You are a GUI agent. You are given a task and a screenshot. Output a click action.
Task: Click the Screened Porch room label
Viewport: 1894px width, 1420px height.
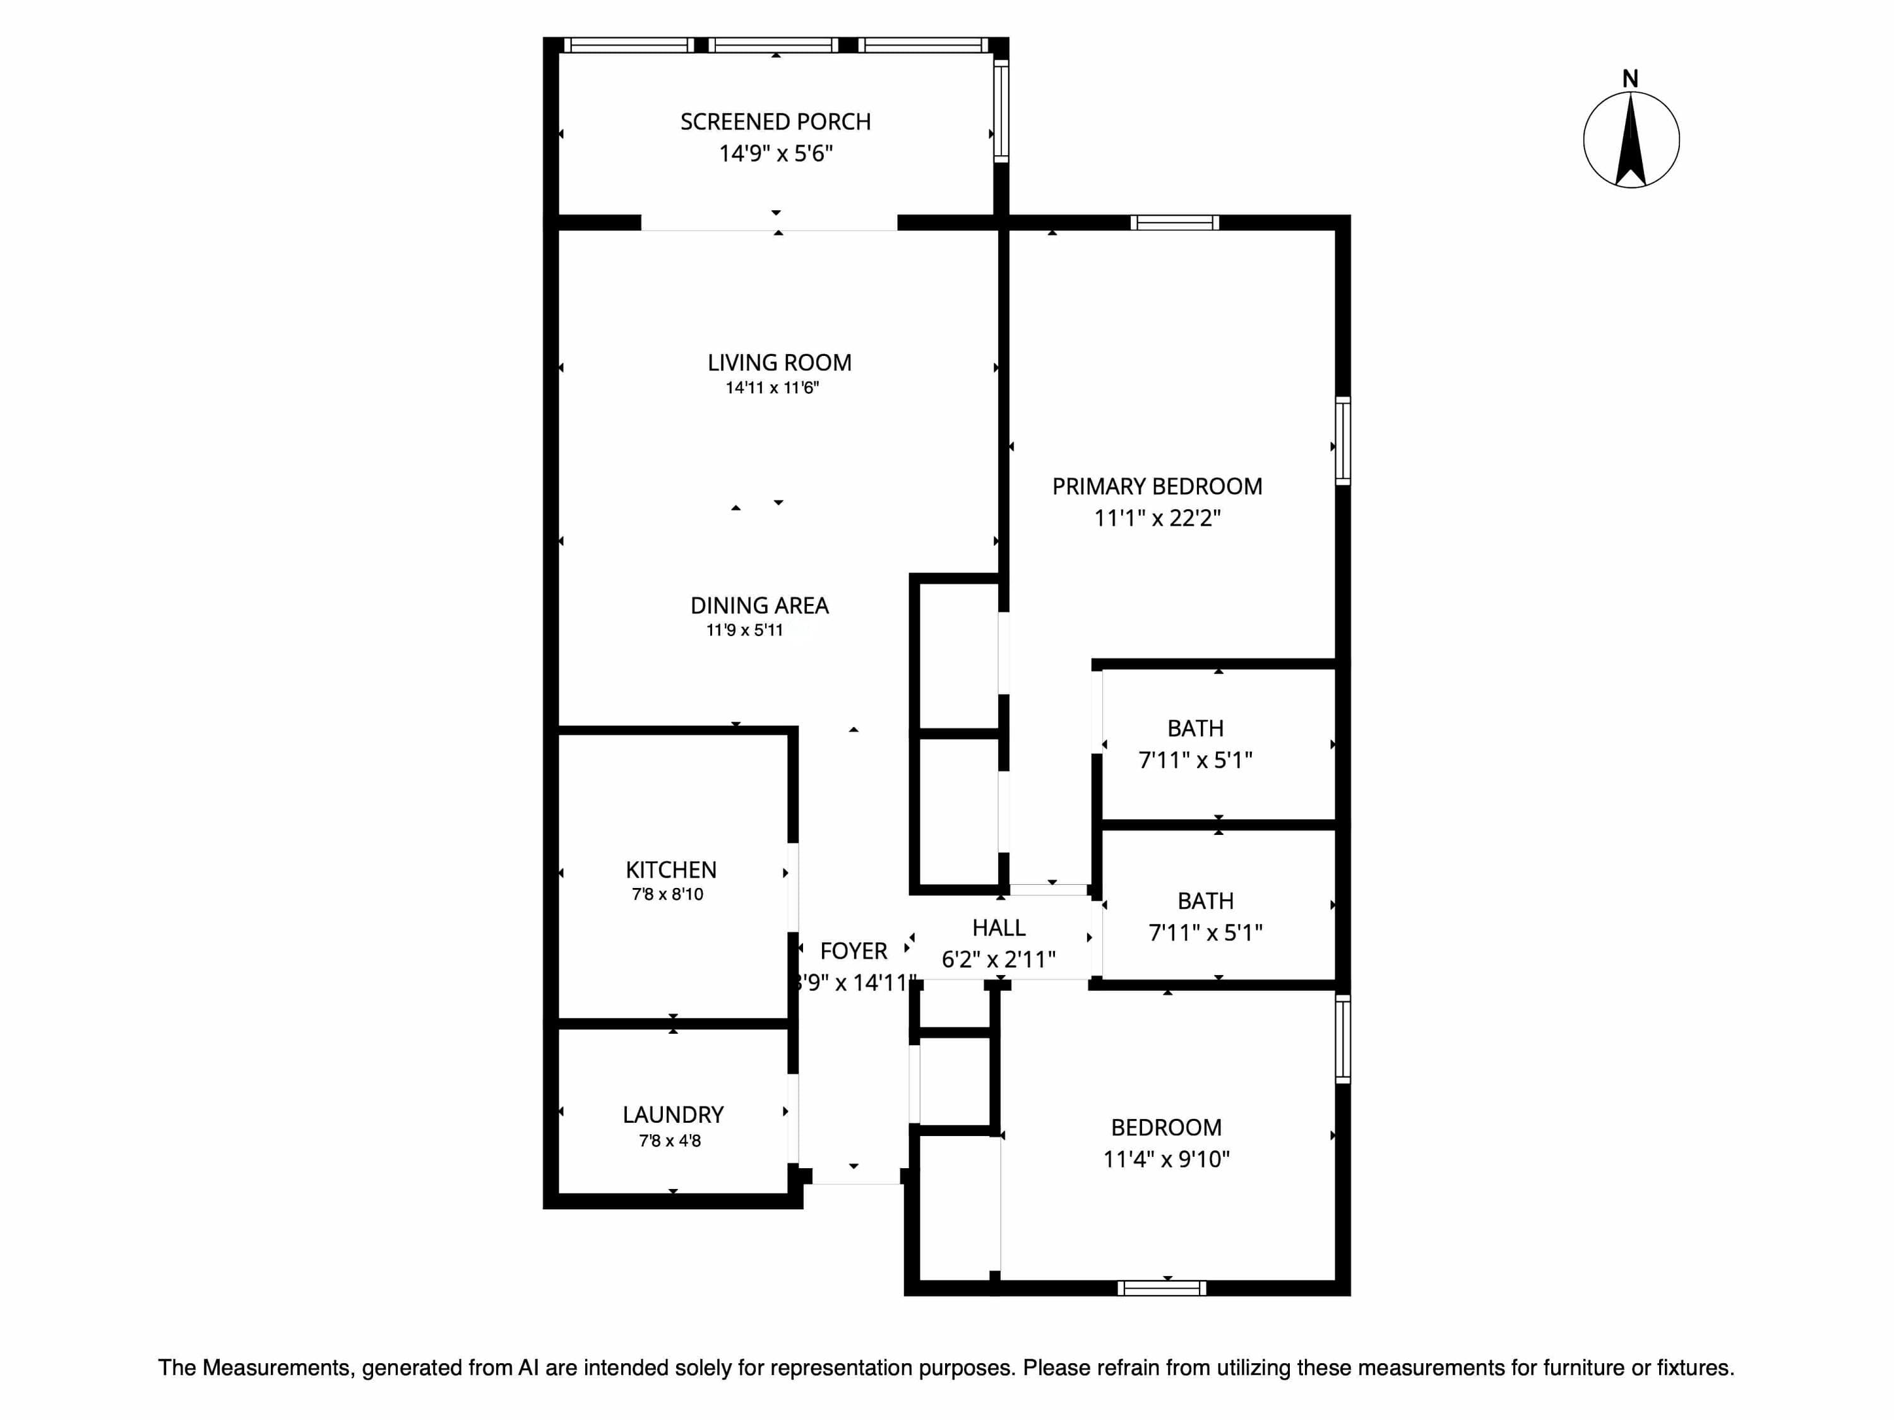pyautogui.click(x=776, y=122)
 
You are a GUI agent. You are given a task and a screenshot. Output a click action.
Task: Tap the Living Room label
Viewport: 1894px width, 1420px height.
pyautogui.click(x=779, y=363)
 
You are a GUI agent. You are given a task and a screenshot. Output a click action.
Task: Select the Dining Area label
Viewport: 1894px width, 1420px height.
pyautogui.click(x=759, y=606)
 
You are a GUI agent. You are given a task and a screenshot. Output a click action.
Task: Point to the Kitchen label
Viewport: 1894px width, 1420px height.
pyautogui.click(x=671, y=870)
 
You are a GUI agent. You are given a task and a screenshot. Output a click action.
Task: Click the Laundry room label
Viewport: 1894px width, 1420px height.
pyautogui.click(x=673, y=1115)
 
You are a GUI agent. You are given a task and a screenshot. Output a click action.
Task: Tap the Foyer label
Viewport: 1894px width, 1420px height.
pyautogui.click(x=854, y=952)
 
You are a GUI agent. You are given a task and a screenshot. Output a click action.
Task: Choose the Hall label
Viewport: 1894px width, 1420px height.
pyautogui.click(x=998, y=928)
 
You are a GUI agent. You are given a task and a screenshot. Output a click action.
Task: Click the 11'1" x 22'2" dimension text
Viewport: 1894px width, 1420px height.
pyautogui.click(x=1157, y=519)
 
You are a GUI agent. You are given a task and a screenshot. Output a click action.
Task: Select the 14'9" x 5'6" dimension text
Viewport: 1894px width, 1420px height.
pyautogui.click(x=776, y=154)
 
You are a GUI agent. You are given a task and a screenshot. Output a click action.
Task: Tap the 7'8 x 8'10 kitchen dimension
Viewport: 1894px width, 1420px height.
pyautogui.click(x=668, y=894)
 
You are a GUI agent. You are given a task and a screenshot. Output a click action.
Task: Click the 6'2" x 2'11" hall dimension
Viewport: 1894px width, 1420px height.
pyautogui.click(x=998, y=959)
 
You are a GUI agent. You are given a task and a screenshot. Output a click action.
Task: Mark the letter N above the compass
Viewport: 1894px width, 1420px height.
pyautogui.click(x=1630, y=80)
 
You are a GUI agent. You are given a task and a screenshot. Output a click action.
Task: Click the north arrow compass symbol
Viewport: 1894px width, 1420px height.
pyautogui.click(x=1631, y=140)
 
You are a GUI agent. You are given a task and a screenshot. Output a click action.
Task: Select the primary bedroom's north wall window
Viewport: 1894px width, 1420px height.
pyautogui.click(x=1175, y=223)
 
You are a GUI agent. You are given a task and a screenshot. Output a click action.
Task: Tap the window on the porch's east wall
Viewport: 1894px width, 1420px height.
pyautogui.click(x=1001, y=110)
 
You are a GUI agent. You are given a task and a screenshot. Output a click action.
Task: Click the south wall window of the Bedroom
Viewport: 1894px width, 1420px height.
pyautogui.click(x=1162, y=1288)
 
